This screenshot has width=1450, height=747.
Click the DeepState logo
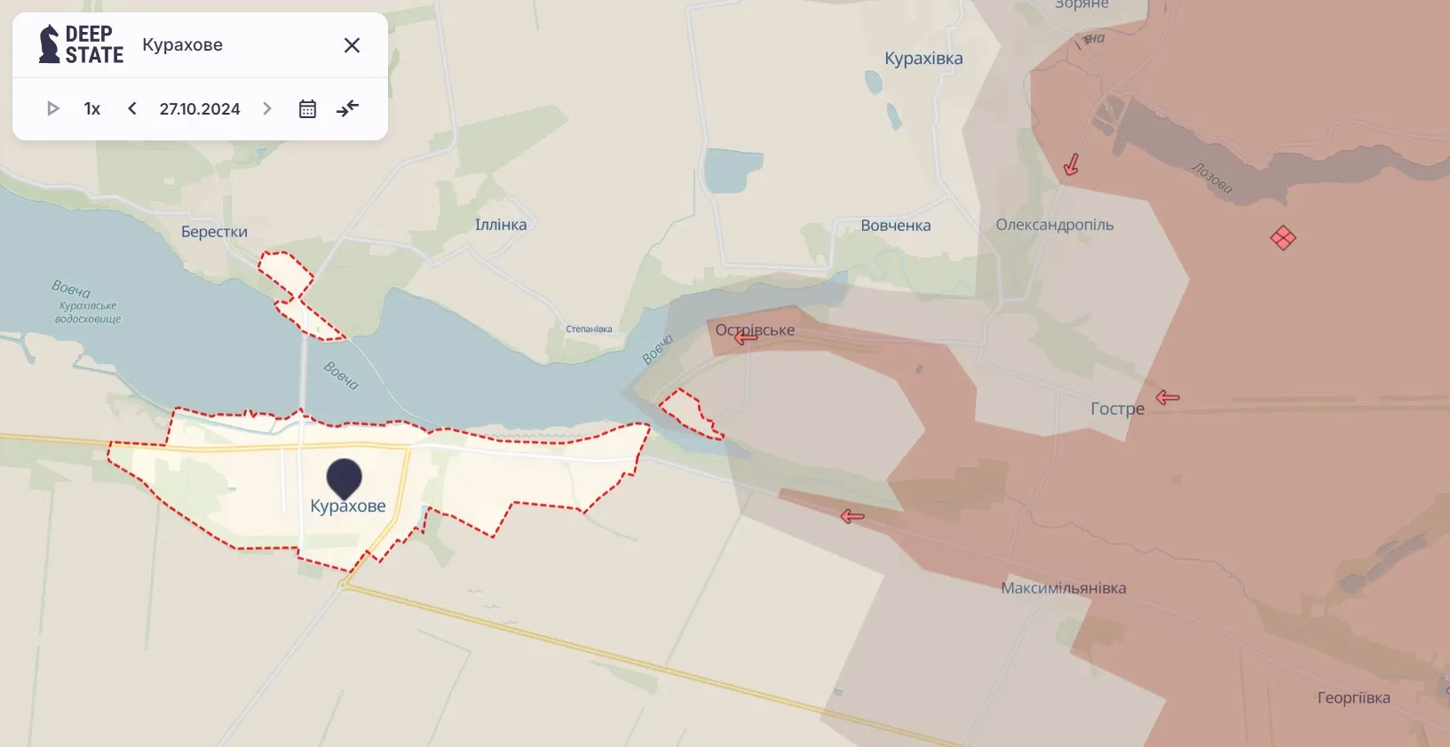point(81,44)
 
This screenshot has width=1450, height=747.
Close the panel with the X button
point(352,45)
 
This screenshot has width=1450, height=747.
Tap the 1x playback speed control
point(92,108)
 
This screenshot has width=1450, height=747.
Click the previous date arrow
point(132,108)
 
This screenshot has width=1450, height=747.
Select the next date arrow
point(267,108)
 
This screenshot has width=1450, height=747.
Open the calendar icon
point(307,108)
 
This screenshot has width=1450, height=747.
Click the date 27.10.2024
point(200,108)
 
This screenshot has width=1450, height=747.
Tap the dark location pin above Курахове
point(344,477)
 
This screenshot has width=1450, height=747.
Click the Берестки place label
point(214,232)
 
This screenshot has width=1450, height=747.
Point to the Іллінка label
point(501,225)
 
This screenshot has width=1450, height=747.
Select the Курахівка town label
point(923,59)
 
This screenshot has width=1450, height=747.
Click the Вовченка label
point(895,226)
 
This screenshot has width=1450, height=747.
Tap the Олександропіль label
point(1054,225)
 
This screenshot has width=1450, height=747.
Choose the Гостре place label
point(1117,409)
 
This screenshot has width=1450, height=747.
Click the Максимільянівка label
point(1063,588)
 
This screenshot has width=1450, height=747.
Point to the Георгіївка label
point(1353,698)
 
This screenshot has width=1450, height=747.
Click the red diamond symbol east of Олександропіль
point(1283,238)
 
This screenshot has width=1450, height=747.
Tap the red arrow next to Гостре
point(1168,397)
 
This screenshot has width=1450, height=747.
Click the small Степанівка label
point(589,330)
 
